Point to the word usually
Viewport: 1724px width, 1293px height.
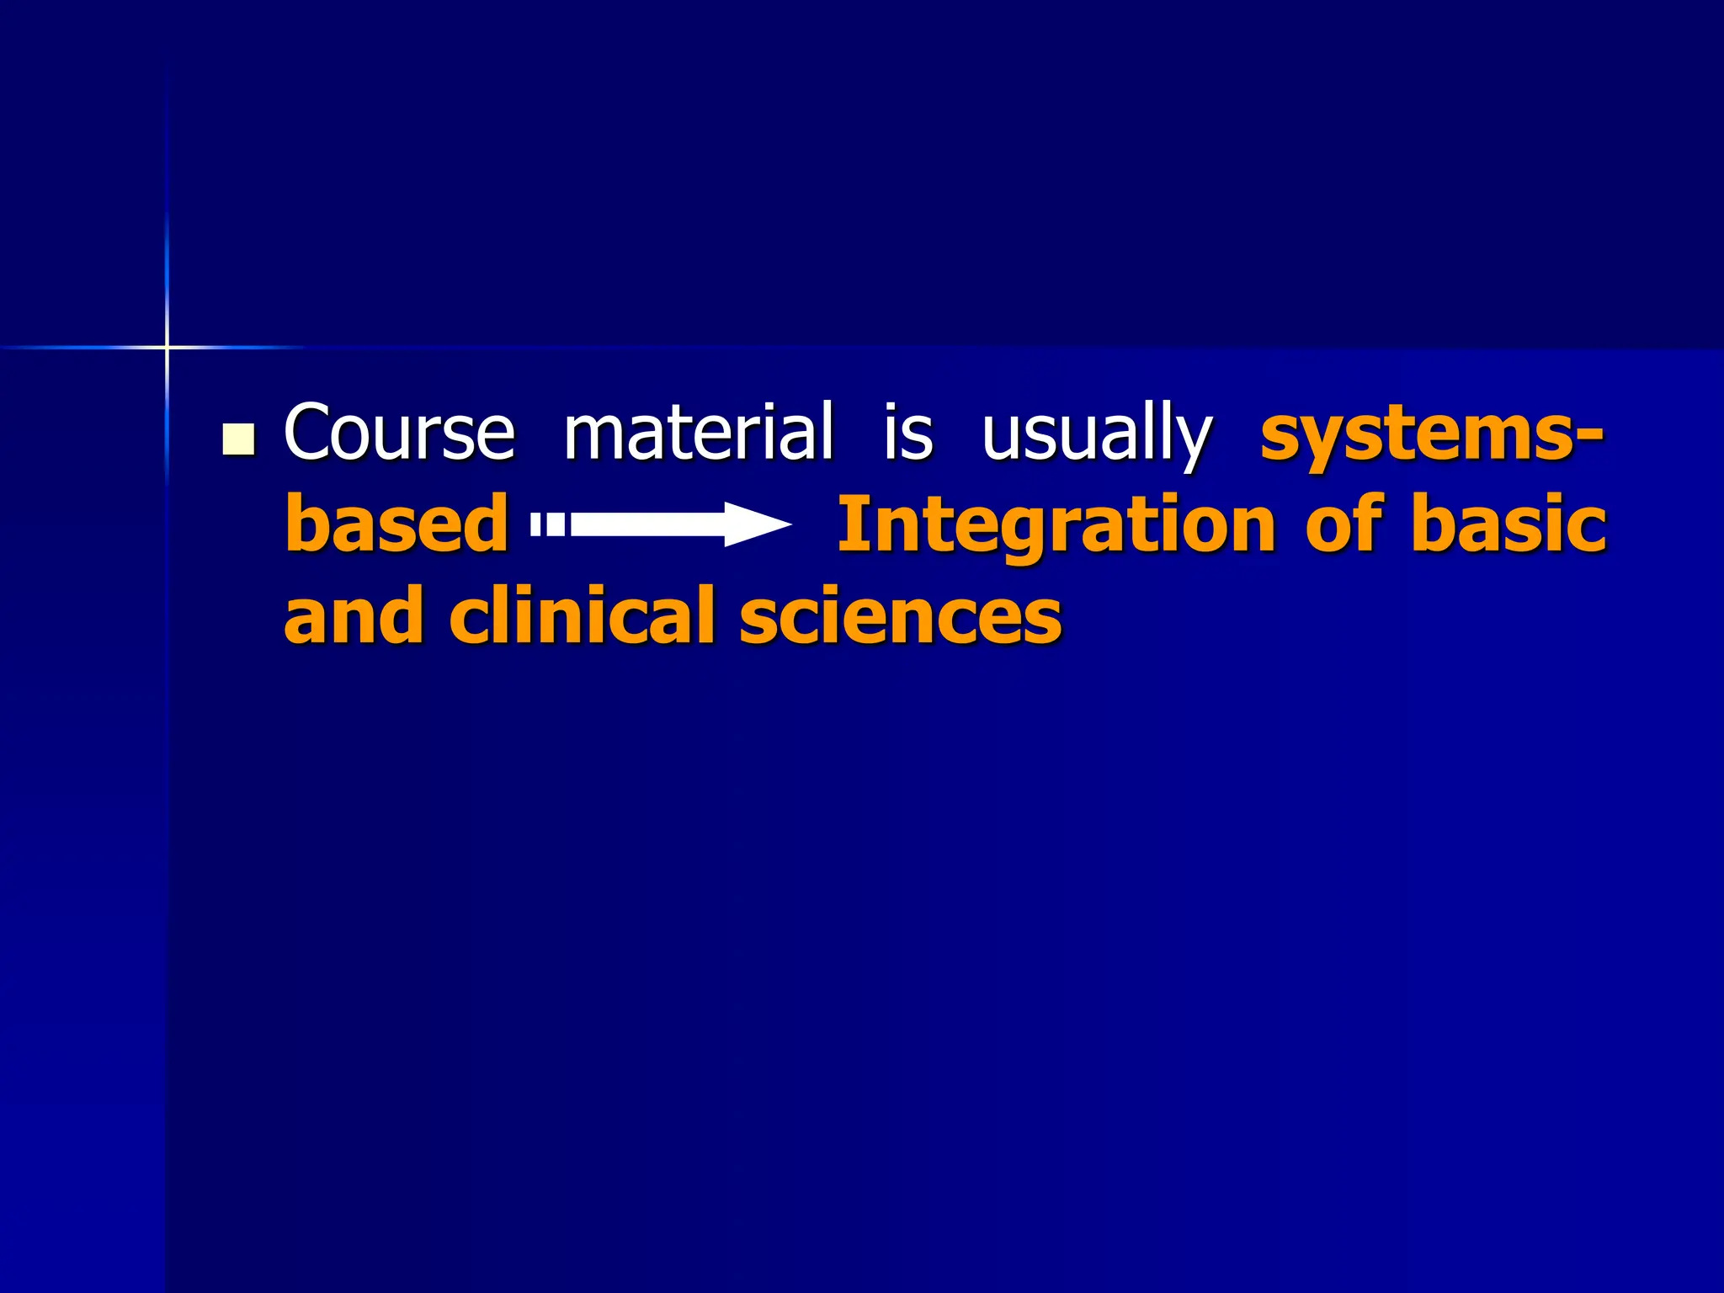(x=1096, y=434)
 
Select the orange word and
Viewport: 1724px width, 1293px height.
(x=354, y=615)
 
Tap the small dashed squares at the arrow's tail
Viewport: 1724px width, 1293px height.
(x=548, y=525)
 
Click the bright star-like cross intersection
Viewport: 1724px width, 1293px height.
(x=167, y=347)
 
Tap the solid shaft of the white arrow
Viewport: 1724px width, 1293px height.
(x=648, y=525)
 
